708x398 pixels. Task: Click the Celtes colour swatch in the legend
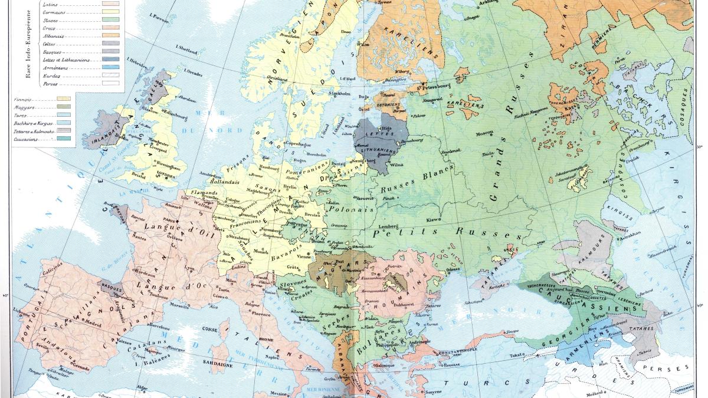[111, 44]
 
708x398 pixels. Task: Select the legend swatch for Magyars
[63, 108]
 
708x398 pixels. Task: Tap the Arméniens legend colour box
[111, 68]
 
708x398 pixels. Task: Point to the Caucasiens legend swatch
[63, 139]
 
